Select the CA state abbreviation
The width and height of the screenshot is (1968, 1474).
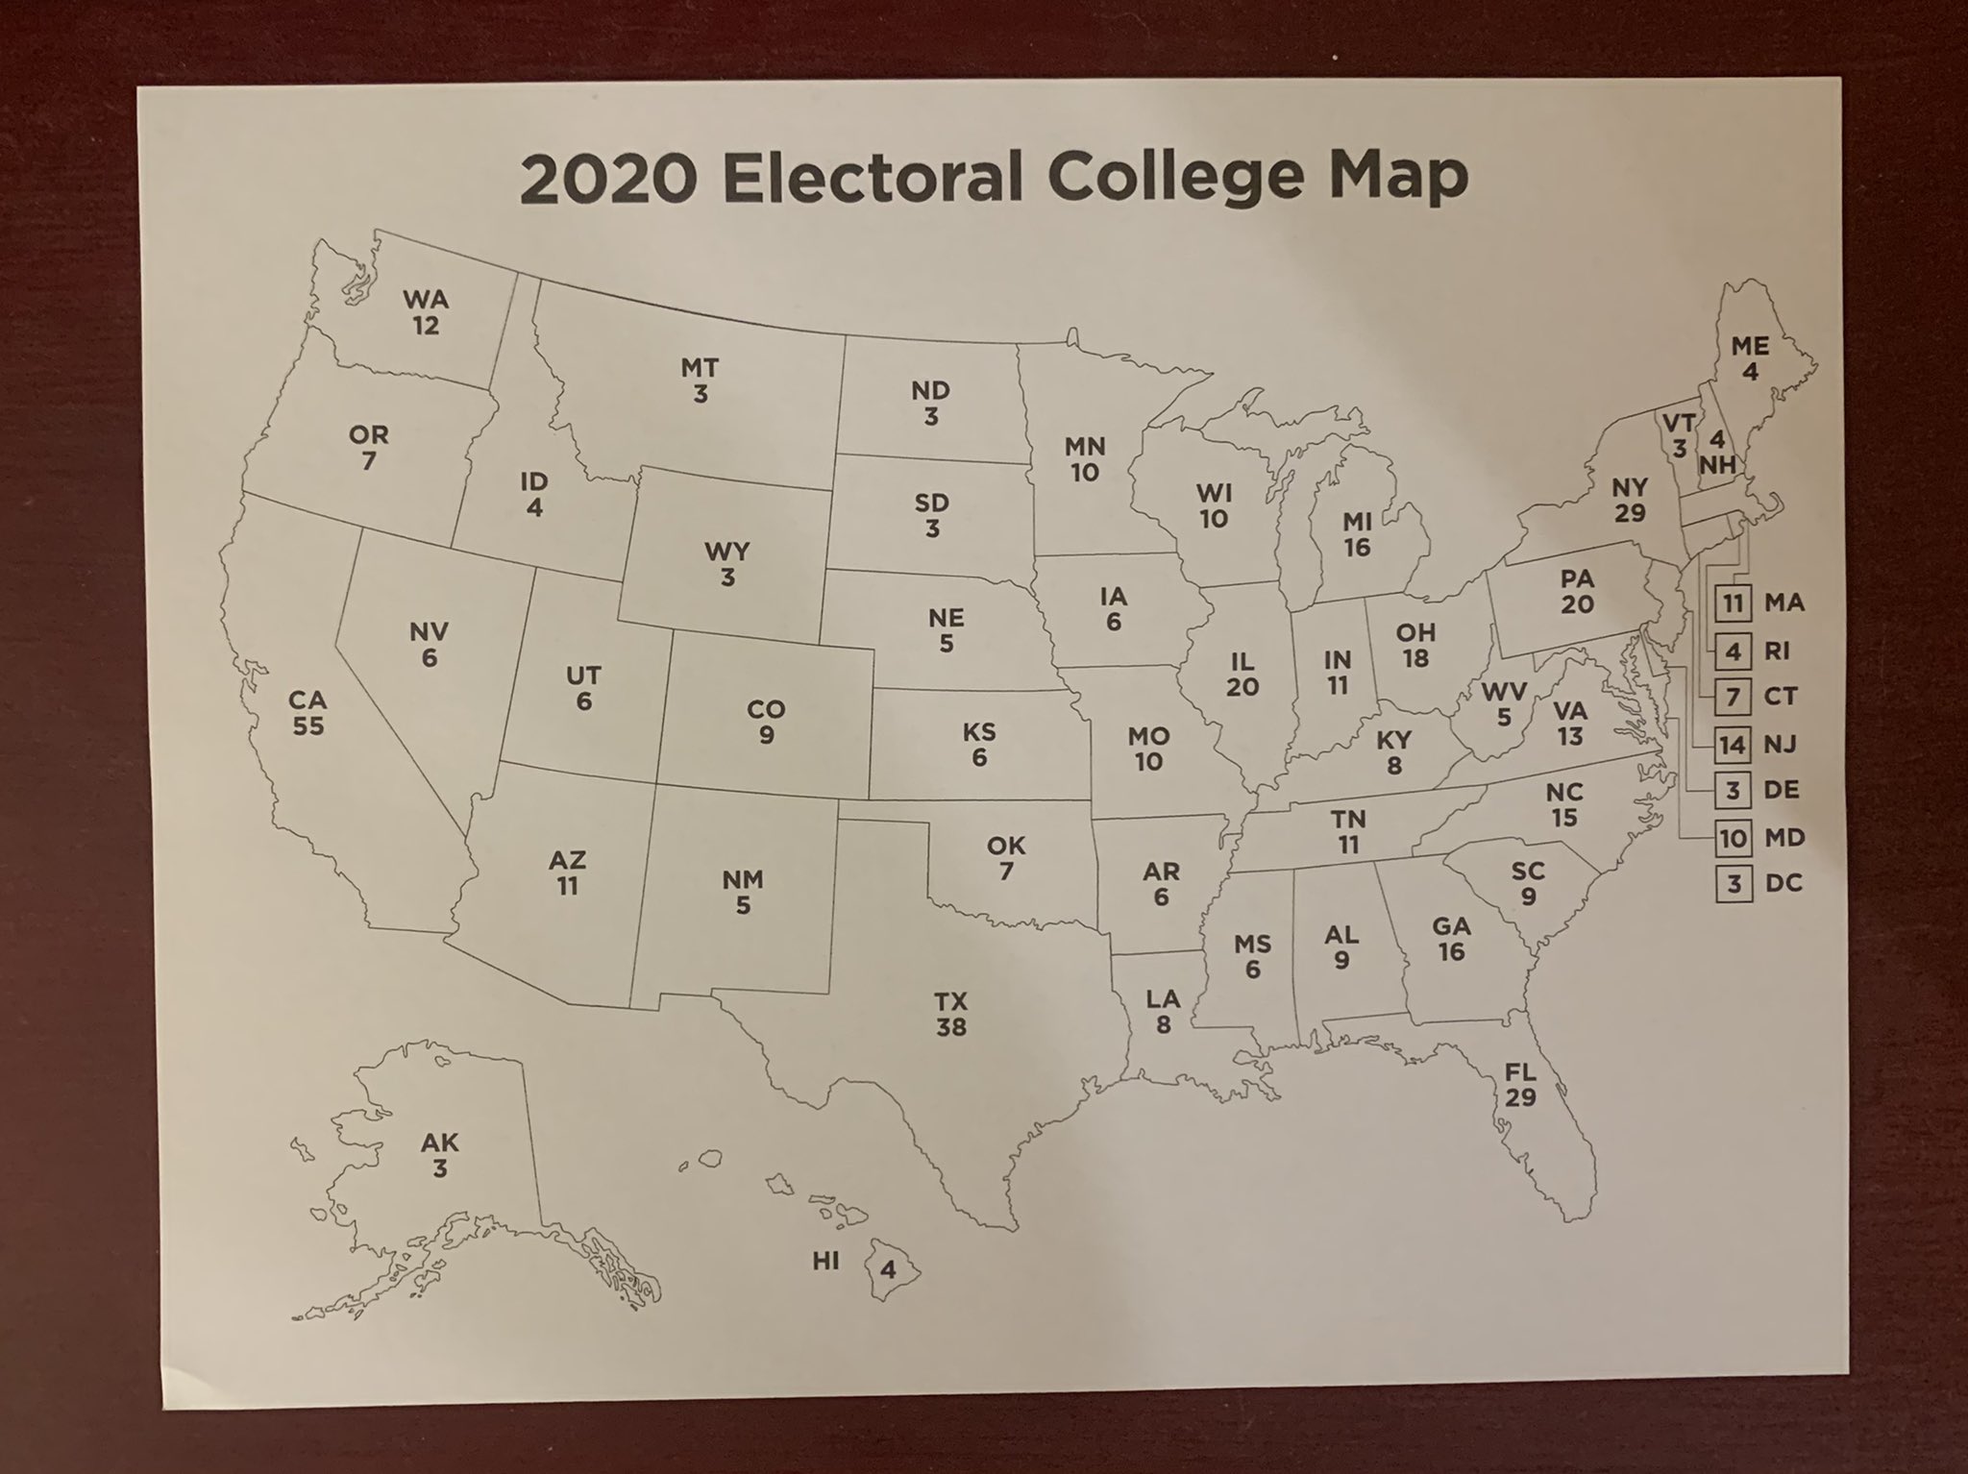pos(307,700)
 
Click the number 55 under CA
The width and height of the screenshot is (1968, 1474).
pos(308,726)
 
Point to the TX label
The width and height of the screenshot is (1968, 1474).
pos(950,1002)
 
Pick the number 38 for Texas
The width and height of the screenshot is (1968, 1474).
pos(950,1027)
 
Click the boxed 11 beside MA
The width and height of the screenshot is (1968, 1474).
pos(1733,603)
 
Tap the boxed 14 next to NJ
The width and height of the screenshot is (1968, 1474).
pos(1733,745)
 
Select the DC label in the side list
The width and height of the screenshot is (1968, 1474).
pos(1783,883)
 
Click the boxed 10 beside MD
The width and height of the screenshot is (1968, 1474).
pos(1733,838)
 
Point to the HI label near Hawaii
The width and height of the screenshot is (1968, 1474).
pos(825,1262)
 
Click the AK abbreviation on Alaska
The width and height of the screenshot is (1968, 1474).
pos(440,1142)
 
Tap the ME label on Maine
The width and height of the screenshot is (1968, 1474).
pos(1750,346)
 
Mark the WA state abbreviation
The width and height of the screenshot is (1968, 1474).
pos(426,300)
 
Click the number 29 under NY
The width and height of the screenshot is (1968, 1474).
pos(1630,512)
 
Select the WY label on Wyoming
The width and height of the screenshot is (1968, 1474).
pos(726,553)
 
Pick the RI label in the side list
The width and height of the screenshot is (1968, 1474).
pos(1777,651)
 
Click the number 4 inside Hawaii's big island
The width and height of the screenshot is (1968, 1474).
pos(889,1270)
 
